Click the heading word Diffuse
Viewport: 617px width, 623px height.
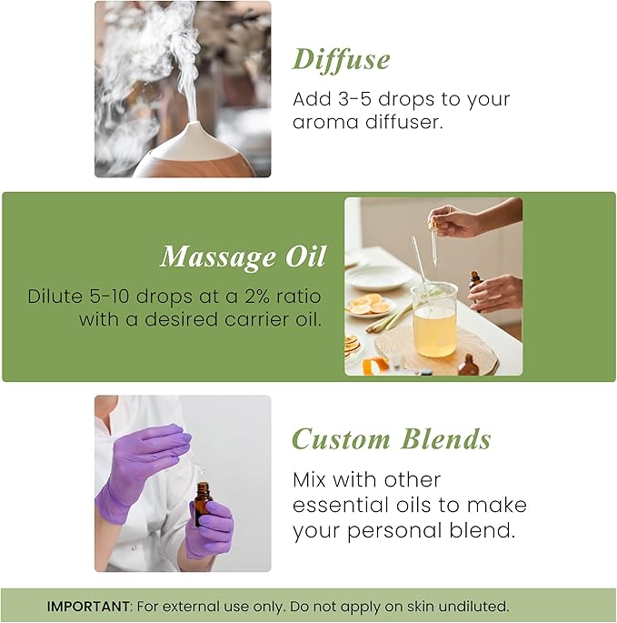[341, 59]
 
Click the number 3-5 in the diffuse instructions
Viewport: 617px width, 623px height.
[353, 99]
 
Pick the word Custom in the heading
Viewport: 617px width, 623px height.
[341, 439]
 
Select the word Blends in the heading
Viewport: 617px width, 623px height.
[444, 439]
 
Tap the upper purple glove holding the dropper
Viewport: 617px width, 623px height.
[145, 455]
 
